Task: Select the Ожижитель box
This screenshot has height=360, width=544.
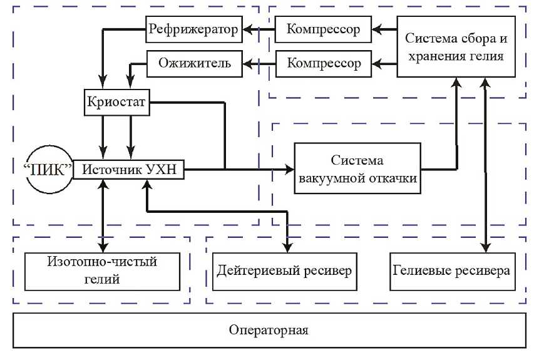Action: pos(194,63)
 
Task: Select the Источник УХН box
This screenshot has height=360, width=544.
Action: pos(128,169)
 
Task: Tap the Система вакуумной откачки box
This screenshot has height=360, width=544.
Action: pos(357,169)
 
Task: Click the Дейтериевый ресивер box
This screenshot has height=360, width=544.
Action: pos(285,272)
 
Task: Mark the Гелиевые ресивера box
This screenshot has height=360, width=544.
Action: pos(451,272)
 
